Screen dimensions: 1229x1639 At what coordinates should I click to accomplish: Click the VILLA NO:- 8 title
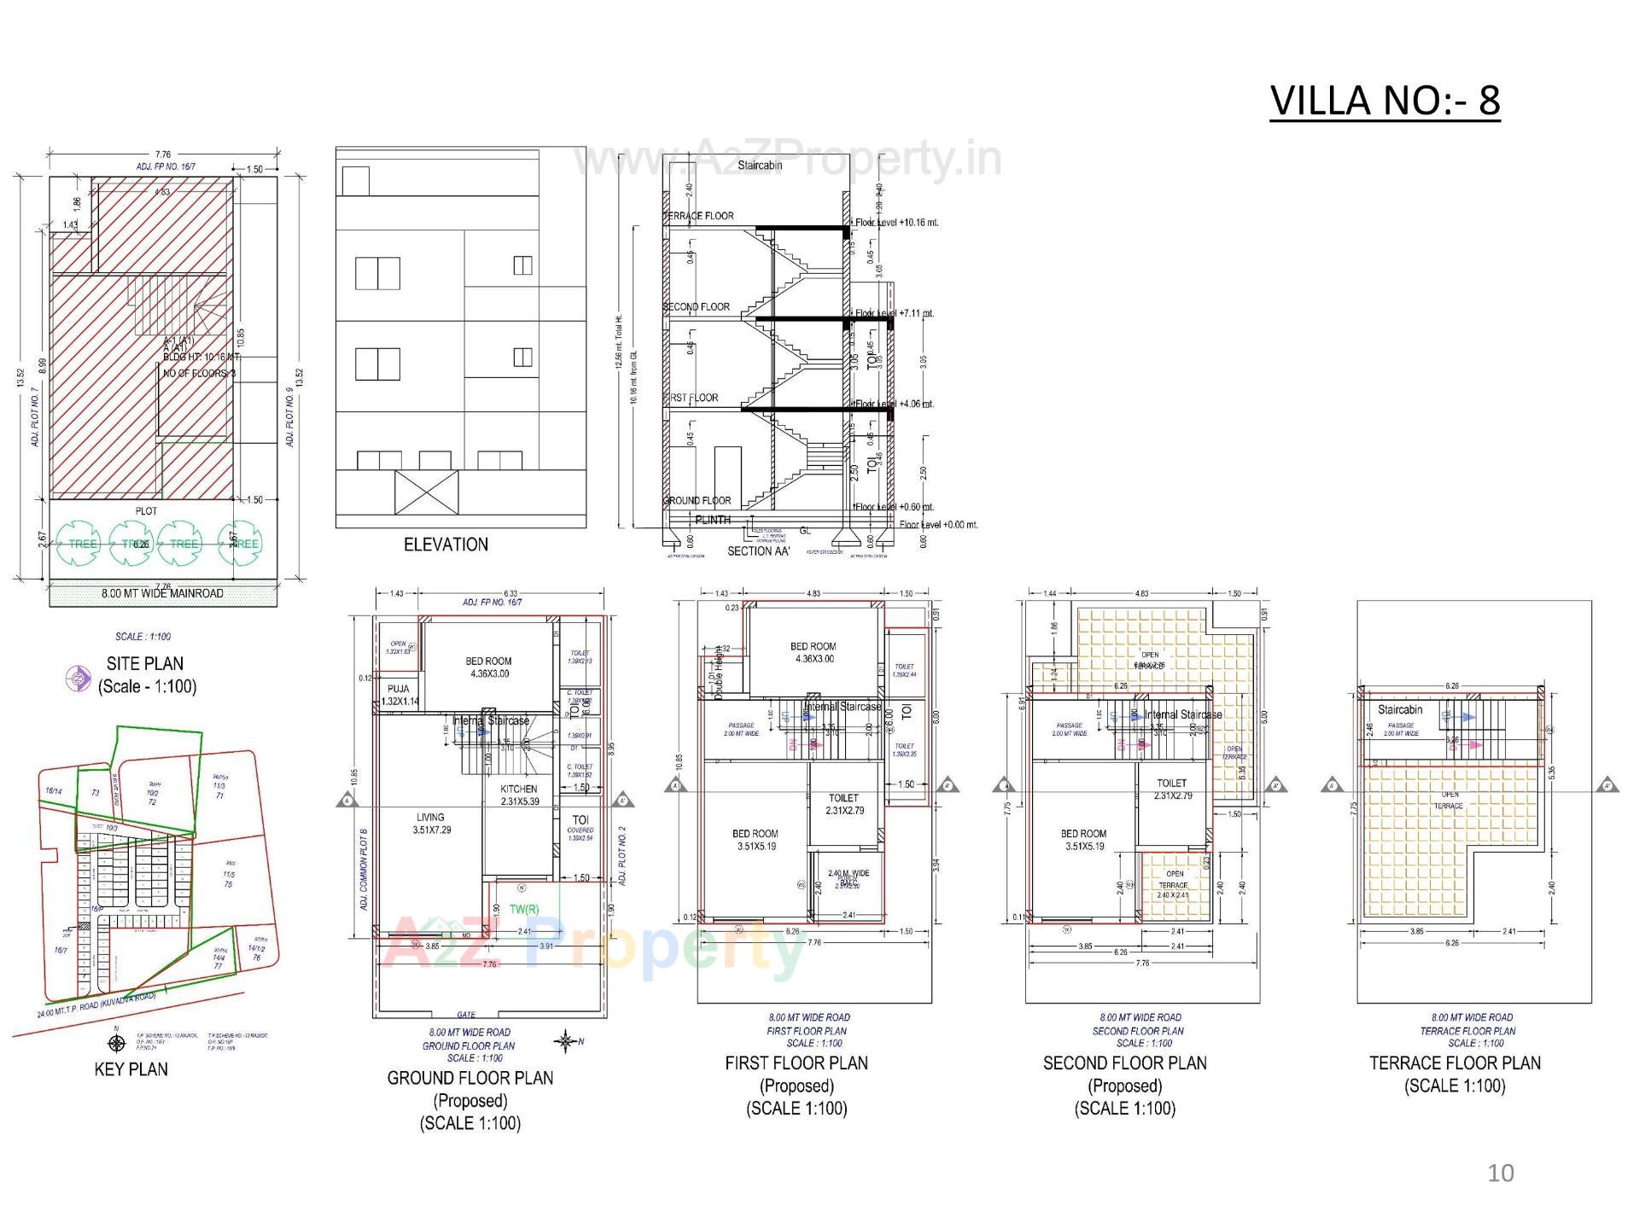(x=1384, y=101)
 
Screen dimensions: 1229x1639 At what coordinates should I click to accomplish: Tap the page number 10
(x=1500, y=1173)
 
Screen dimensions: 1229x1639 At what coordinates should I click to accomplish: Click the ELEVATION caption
(x=446, y=545)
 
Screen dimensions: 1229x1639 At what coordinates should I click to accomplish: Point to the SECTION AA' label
(x=759, y=551)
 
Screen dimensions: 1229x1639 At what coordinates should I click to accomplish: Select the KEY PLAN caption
(x=131, y=1069)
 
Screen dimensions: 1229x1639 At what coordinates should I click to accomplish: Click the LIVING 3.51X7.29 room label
(x=430, y=823)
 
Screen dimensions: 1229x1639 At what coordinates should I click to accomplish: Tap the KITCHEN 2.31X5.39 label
(x=518, y=795)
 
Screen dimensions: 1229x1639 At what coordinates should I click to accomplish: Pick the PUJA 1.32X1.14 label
(x=398, y=695)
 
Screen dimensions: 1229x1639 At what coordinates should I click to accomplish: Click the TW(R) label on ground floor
(x=523, y=909)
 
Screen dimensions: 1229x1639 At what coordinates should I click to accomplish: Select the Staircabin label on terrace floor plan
(x=1400, y=709)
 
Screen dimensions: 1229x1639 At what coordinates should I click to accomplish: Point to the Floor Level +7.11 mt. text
(x=895, y=313)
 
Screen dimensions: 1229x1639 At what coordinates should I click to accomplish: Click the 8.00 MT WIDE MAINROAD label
(x=162, y=593)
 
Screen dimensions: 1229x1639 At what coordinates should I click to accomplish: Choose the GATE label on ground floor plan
(x=466, y=1014)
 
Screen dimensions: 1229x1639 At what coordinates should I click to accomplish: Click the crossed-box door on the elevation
(x=426, y=492)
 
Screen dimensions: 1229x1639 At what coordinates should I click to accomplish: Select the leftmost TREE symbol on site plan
(x=78, y=544)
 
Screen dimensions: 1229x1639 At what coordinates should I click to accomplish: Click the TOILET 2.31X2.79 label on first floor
(x=843, y=804)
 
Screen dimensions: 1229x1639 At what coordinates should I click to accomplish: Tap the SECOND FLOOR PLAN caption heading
(x=1124, y=1063)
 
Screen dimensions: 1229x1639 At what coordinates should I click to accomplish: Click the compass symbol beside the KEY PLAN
(x=117, y=1042)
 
